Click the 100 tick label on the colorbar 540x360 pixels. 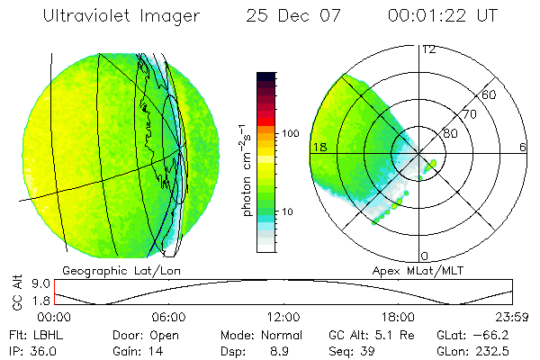pyautogui.click(x=291, y=133)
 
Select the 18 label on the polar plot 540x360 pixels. pyautogui.click(x=318, y=147)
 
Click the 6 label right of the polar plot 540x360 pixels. pyautogui.click(x=523, y=147)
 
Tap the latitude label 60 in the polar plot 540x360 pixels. pyautogui.click(x=490, y=94)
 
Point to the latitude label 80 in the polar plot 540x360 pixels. pyautogui.click(x=451, y=133)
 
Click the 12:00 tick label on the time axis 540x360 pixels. pyautogui.click(x=283, y=317)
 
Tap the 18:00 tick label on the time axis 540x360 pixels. pyautogui.click(x=398, y=317)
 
